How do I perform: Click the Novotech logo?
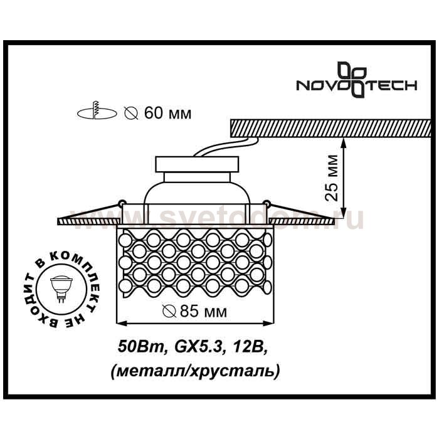pos(357,80)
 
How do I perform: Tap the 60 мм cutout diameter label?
pos(167,114)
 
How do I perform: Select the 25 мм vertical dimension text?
pos(332,178)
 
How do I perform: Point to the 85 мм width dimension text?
pos(203,311)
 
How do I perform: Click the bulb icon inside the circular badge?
pos(61,288)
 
